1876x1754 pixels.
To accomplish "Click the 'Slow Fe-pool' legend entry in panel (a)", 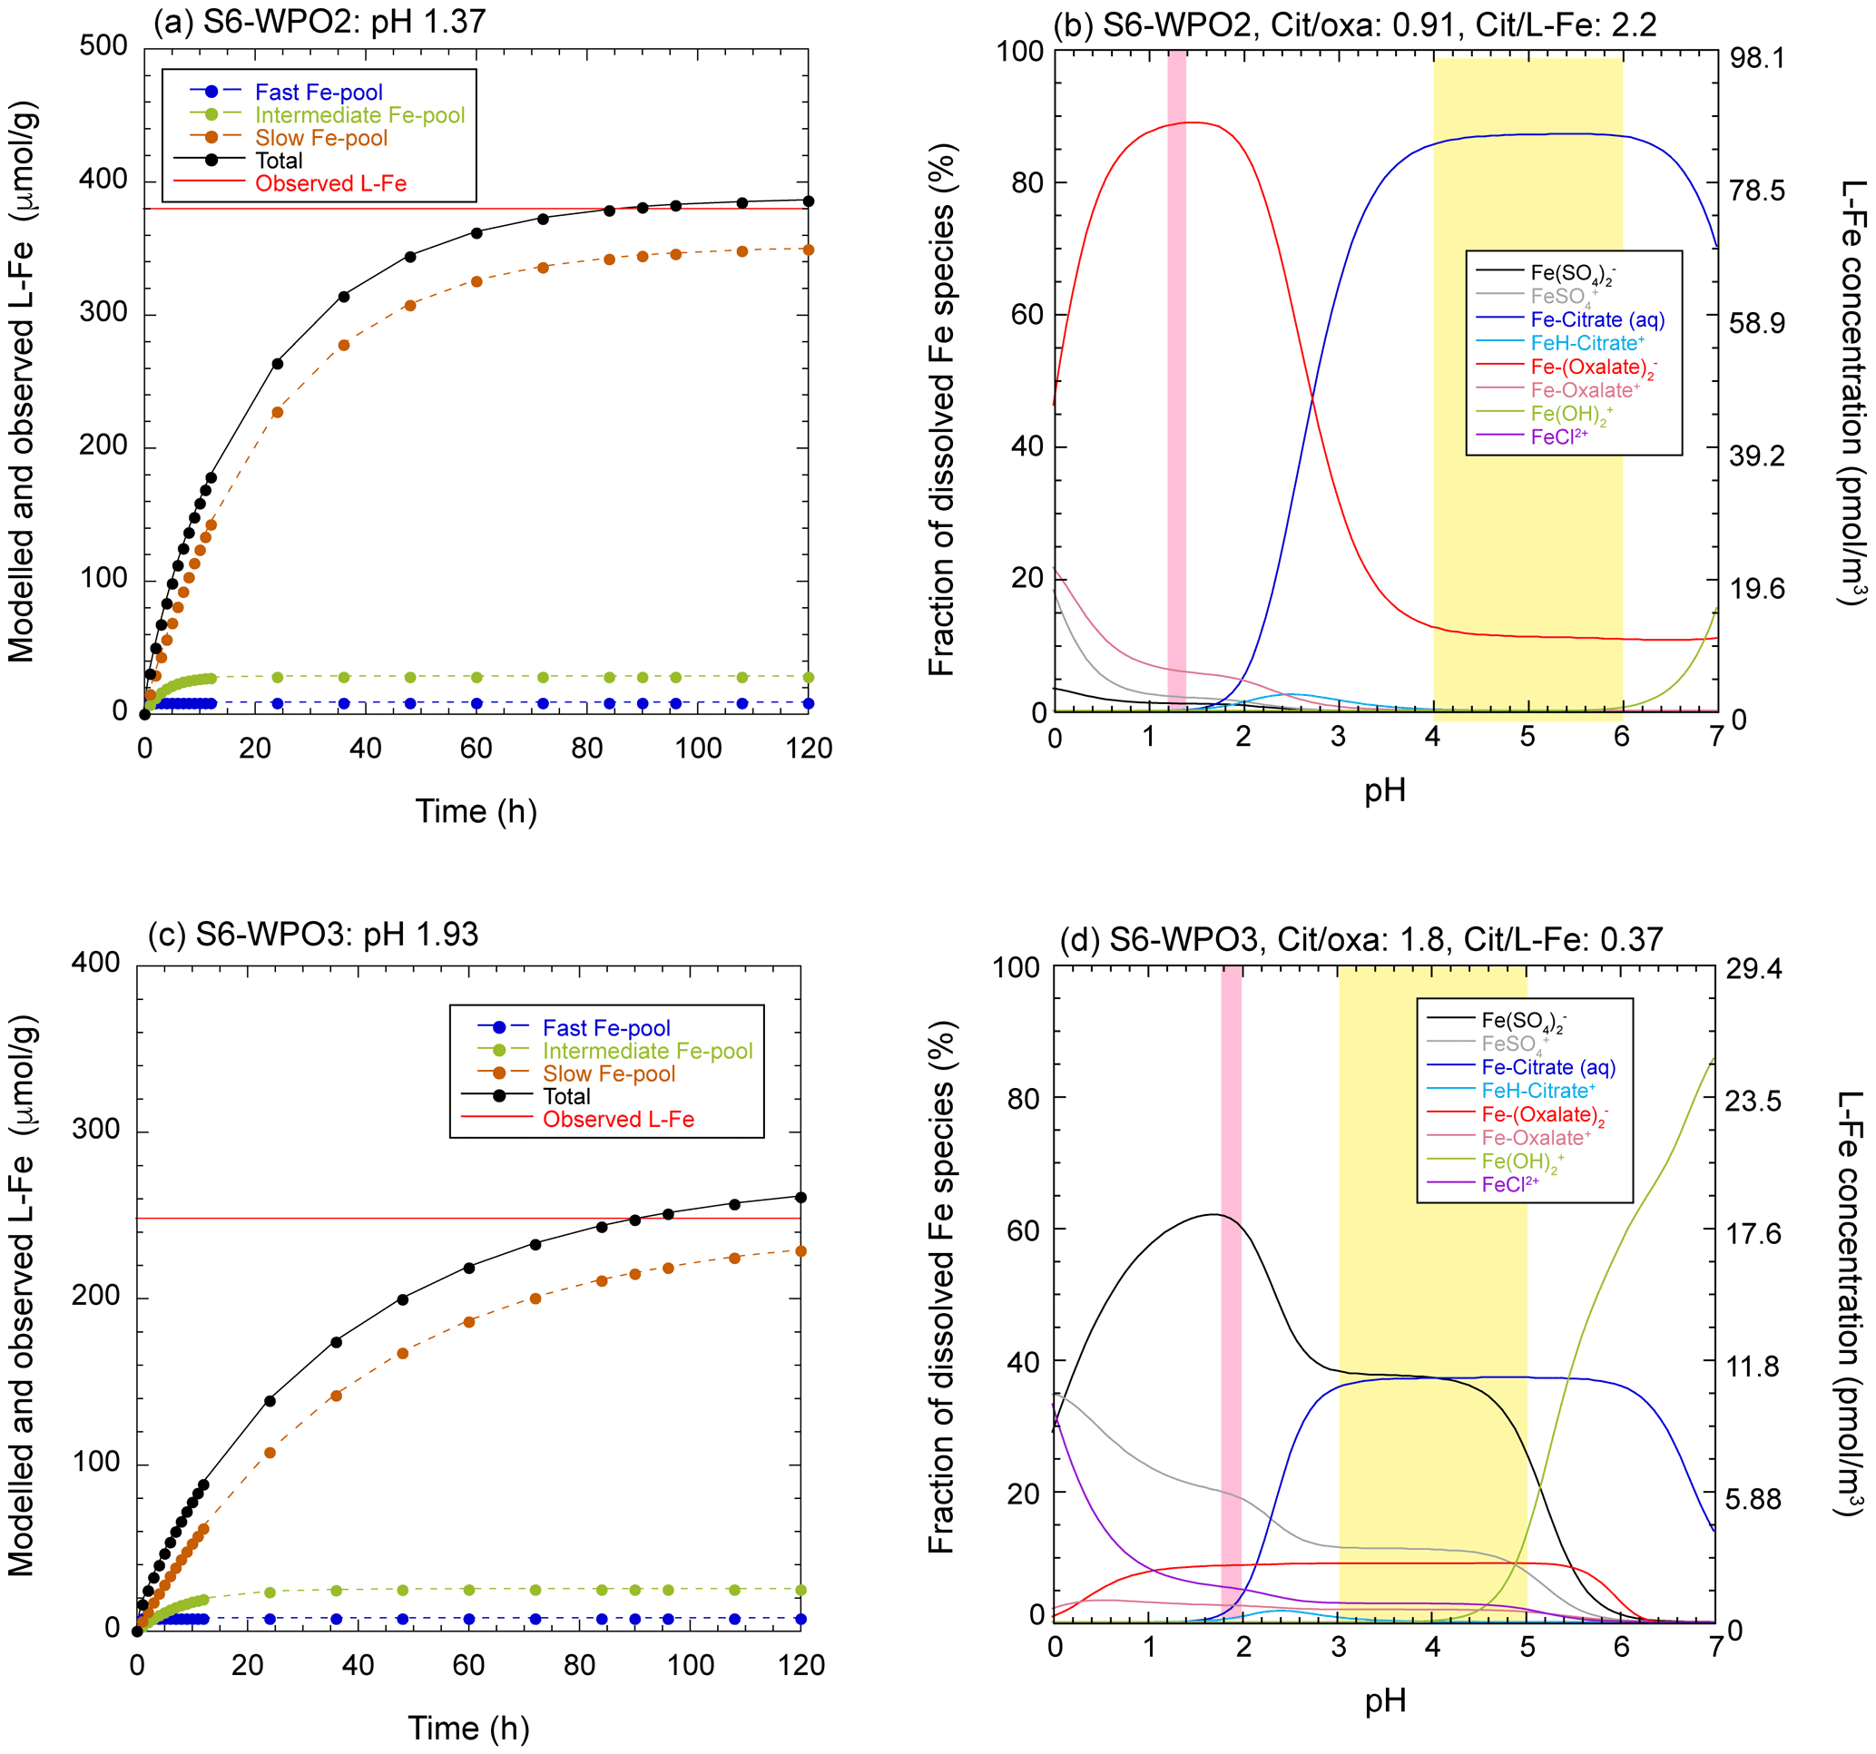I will pyautogui.click(x=321, y=138).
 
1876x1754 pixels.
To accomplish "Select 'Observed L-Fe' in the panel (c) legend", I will pyautogui.click(x=618, y=1119).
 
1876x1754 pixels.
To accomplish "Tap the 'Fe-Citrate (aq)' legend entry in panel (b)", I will pyautogui.click(x=1597, y=319).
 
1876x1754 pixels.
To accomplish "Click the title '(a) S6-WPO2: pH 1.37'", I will pyautogui.click(x=319, y=21).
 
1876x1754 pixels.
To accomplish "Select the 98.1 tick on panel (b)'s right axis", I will pyautogui.click(x=1756, y=58).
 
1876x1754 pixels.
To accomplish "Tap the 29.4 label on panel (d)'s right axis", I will pyautogui.click(x=1753, y=969).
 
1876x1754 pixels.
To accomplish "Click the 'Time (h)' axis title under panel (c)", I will pyautogui.click(x=468, y=1728).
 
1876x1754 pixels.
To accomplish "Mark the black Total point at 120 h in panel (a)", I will pyautogui.click(x=808, y=201).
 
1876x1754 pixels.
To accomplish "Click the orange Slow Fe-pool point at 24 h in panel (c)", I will pyautogui.click(x=270, y=1452).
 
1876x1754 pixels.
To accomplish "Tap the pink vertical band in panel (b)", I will pyautogui.click(x=1177, y=377).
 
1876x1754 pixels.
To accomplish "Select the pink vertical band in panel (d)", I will pyautogui.click(x=1231, y=1293).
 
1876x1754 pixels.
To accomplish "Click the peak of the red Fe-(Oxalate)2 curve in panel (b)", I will pyautogui.click(x=1194, y=122).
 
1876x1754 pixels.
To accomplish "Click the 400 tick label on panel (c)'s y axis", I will pyautogui.click(x=95, y=963).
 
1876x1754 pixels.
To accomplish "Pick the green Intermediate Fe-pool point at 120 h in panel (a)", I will pyautogui.click(x=808, y=678).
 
